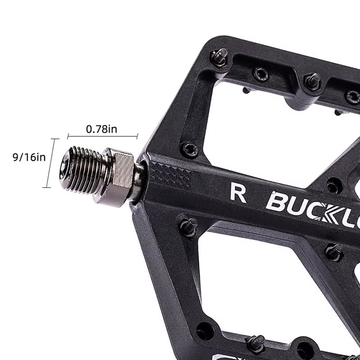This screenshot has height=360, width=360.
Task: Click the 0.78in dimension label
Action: (x=102, y=129)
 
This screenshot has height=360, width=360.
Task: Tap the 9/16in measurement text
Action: (x=29, y=157)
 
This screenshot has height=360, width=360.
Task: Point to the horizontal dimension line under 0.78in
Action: (x=103, y=135)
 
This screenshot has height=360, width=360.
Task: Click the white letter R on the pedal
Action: (x=238, y=193)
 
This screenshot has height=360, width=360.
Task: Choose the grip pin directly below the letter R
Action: (x=189, y=226)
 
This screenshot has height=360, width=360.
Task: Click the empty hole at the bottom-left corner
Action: (x=205, y=331)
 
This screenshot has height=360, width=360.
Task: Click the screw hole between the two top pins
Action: (x=261, y=74)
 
